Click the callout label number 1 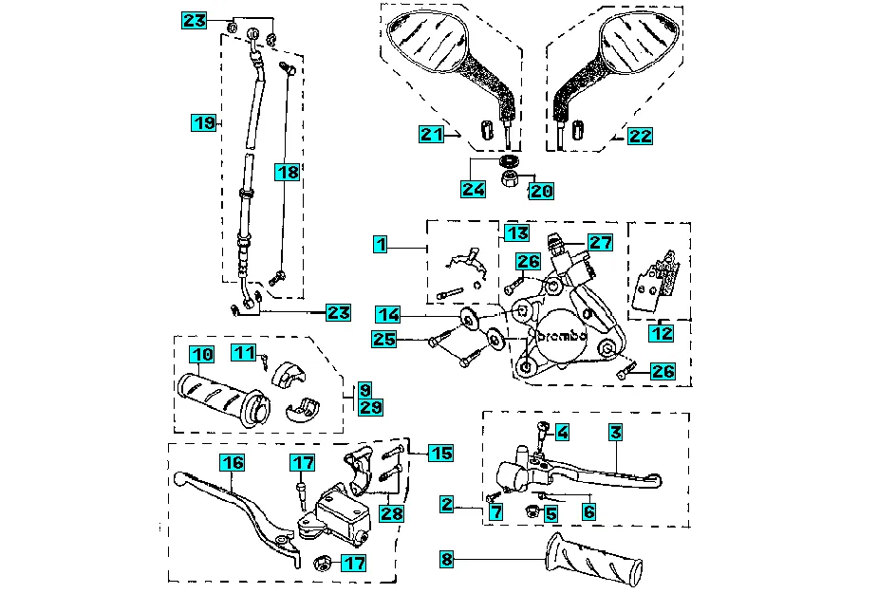tap(381, 246)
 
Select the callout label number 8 tap(447, 560)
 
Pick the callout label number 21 tap(433, 136)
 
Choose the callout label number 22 tap(641, 137)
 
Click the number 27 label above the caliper tap(600, 242)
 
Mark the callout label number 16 tap(233, 462)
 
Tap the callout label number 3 tap(616, 433)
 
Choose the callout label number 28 tap(392, 513)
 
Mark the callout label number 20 tap(541, 191)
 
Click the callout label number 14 tap(387, 314)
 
